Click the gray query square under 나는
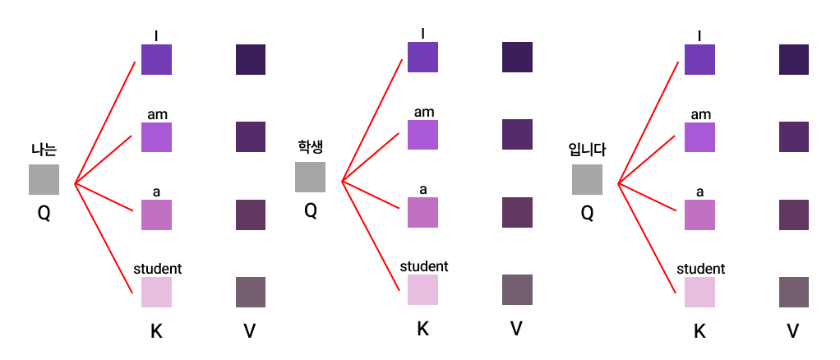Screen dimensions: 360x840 pos(44,179)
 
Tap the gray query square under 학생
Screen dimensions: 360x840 pos(311,177)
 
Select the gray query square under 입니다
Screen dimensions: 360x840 pos(587,179)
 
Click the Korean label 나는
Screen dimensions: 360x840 pos(44,150)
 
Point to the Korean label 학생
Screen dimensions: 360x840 pos(311,147)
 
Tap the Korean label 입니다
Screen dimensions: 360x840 pos(587,150)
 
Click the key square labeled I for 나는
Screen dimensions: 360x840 pos(156,59)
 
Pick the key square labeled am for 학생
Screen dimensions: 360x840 pos(422,135)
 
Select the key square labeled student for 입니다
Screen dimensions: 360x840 pos(699,293)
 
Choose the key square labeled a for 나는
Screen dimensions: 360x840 pos(156,214)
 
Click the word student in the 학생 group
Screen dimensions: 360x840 pos(424,266)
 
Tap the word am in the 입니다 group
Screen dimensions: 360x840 pos(700,114)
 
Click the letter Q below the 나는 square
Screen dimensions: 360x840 pos(44,213)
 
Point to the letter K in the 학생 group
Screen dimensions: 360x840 pos(423,329)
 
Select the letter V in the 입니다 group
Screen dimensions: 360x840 pos(793,331)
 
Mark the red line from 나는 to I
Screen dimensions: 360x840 pos(105,121)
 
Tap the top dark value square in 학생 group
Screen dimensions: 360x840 pos(518,57)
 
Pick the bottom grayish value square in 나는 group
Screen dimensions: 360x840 pos(251,293)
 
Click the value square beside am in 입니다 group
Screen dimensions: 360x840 pos(794,136)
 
